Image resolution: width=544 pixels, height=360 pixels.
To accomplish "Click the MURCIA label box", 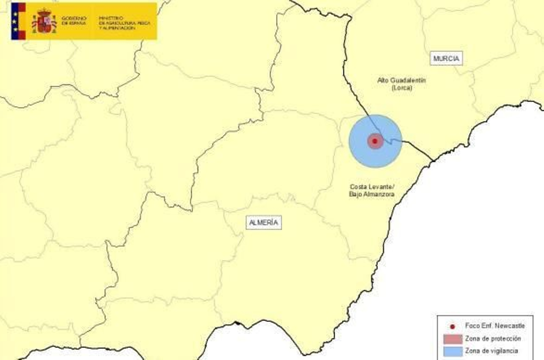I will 446,58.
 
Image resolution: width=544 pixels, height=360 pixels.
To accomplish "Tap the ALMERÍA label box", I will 263,223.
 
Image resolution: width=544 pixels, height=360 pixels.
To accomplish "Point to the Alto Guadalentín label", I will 402,81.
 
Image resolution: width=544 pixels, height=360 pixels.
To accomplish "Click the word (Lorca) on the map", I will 402,88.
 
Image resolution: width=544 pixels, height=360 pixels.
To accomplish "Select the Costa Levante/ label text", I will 372,187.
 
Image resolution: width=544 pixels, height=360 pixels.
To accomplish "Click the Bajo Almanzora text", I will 372,194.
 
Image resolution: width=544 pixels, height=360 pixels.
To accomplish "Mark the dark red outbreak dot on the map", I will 375,141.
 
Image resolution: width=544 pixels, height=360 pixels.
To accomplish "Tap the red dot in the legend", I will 453,327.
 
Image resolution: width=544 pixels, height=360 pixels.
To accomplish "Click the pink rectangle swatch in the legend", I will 453,339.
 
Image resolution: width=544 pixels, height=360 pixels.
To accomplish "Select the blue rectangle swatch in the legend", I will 453,351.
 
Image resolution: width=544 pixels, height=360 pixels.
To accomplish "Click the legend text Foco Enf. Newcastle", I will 495,326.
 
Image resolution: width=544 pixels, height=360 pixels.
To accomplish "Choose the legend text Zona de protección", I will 493,339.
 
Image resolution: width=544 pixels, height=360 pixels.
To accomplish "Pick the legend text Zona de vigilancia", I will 491,351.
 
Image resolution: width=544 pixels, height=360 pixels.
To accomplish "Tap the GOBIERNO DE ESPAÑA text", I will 74,21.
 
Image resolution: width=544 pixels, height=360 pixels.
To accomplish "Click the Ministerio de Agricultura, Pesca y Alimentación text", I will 124,23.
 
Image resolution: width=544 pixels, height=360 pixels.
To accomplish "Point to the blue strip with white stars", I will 15,21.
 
